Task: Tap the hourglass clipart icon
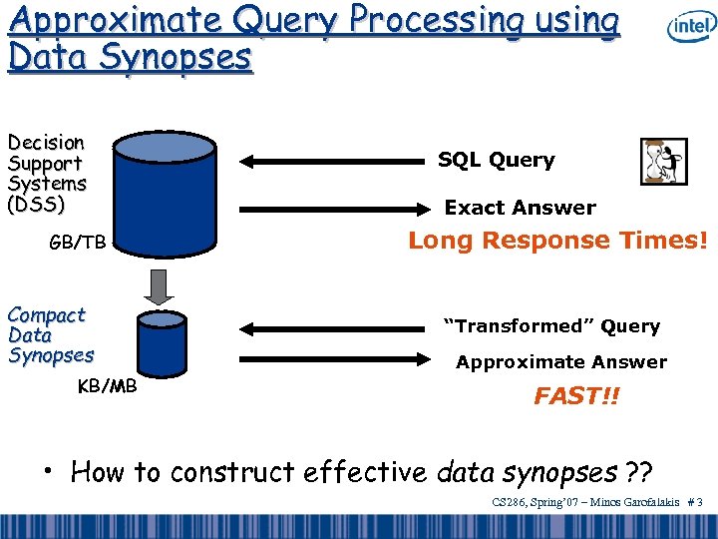tap(663, 162)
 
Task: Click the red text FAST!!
tap(576, 396)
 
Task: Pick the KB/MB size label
tap(107, 386)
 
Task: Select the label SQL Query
tap(497, 160)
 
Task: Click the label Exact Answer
tap(520, 208)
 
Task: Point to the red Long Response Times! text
tap(558, 241)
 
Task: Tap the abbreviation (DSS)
tap(36, 205)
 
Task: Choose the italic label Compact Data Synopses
tap(50, 335)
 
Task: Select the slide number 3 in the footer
tap(700, 502)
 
